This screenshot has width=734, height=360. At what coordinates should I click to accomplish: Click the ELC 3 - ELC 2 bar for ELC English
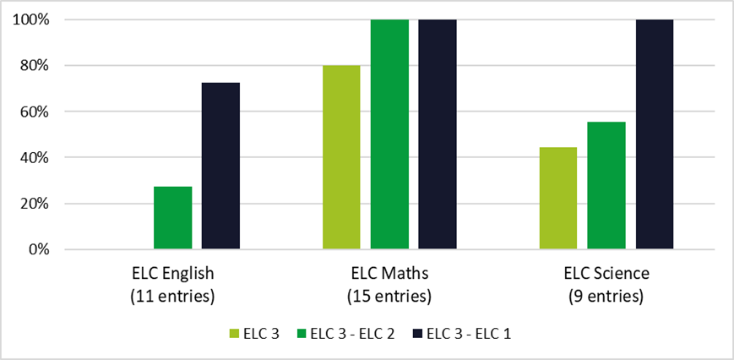172,218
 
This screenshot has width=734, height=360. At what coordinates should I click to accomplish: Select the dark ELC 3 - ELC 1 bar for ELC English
220,166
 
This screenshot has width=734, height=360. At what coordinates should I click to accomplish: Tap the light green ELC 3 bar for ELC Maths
341,157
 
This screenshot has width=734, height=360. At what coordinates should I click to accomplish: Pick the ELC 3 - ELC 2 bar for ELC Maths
389,134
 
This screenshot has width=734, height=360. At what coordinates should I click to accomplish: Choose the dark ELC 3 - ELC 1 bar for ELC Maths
438,134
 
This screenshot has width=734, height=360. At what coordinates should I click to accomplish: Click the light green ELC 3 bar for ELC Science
557,199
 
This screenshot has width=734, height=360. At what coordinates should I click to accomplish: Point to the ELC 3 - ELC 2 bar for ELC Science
606,186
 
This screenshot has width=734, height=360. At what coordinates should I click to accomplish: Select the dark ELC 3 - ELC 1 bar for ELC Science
655,134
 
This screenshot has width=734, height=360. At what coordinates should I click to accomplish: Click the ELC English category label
172,274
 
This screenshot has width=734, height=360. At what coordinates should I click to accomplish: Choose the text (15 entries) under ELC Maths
389,297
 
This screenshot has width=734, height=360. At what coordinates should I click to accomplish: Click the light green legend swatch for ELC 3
235,334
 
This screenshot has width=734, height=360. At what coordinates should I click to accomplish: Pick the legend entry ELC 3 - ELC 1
464,334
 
